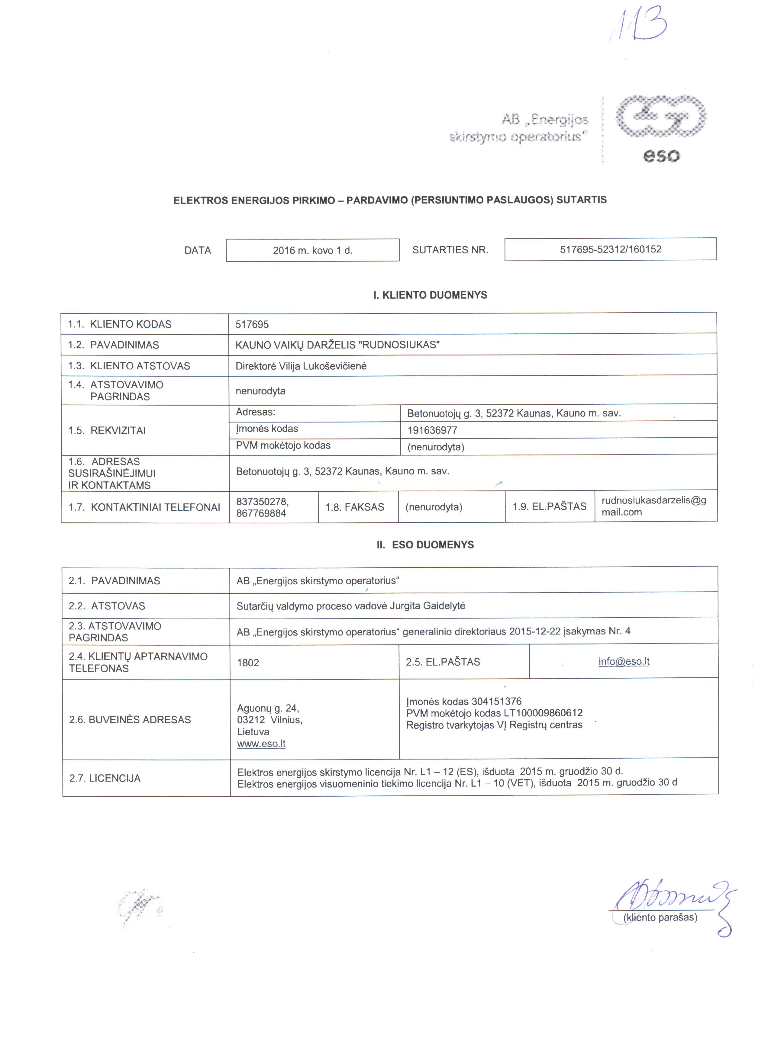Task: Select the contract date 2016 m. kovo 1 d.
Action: point(312,251)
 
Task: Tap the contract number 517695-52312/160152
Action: point(610,249)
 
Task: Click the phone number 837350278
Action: point(262,502)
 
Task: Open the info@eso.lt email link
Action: point(624,661)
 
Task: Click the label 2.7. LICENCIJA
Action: point(105,778)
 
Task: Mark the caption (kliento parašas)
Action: point(660,917)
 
